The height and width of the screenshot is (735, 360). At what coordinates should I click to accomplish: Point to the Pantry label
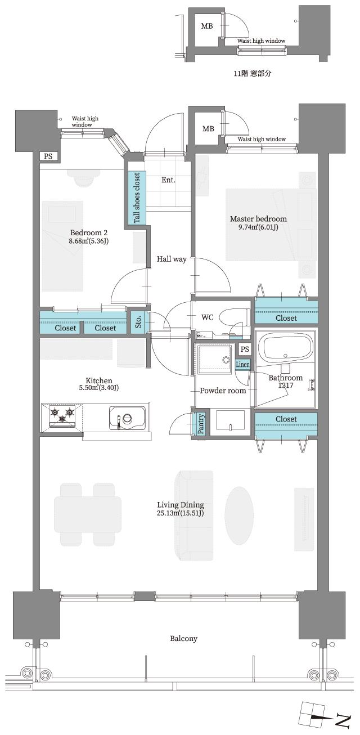point(201,424)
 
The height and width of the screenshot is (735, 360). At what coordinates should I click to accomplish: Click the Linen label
point(242,365)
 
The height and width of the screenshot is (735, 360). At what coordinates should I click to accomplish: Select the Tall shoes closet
point(137,197)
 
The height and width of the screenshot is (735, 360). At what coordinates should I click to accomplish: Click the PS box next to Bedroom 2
point(48,156)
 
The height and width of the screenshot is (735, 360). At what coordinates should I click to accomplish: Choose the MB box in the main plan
point(208,129)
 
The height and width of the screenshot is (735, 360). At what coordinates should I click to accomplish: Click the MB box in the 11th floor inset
point(207,26)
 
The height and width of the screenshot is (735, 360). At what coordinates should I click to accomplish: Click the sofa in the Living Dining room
point(192,516)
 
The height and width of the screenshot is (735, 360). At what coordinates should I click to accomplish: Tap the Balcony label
point(183,639)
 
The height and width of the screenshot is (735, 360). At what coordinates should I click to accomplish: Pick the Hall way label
point(171,259)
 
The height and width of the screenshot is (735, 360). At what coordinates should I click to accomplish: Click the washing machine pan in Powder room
point(214,359)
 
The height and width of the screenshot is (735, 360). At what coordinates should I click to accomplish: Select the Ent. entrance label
point(168,181)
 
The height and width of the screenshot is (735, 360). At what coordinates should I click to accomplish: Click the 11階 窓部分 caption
point(252,74)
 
